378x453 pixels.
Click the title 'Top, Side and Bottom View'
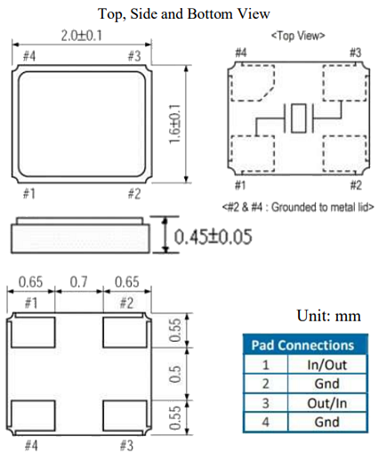189,12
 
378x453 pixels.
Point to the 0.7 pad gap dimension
78,283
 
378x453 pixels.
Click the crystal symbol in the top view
298,117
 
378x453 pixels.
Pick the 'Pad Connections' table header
302,345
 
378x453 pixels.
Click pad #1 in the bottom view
32,333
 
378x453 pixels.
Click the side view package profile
78,237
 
